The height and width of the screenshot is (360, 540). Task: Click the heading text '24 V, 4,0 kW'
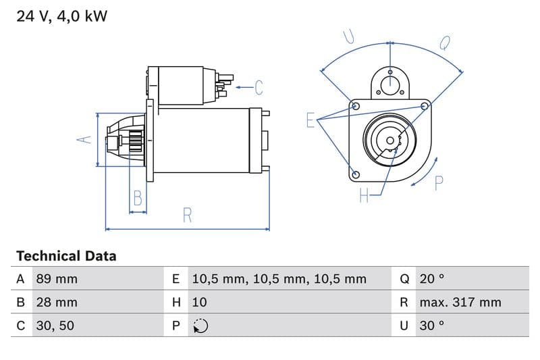pos(61,16)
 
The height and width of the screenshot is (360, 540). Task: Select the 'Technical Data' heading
pos(66,256)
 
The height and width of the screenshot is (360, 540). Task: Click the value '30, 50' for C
pos(54,326)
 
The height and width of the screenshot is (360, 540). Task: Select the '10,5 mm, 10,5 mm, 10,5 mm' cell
pos(279,279)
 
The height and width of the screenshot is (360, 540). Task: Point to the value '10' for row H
pos(200,302)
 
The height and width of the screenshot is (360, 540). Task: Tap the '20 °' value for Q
pos(432,279)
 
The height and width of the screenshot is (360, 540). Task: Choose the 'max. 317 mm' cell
pos(460,302)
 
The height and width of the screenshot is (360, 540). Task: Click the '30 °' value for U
pos(432,326)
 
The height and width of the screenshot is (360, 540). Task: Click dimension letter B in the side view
pos(138,198)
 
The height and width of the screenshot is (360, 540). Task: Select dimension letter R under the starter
pos(188,215)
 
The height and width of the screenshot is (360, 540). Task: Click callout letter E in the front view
pos(310,120)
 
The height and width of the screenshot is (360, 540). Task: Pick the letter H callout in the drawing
pos(364,196)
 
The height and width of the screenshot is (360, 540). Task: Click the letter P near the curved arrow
pos(439,183)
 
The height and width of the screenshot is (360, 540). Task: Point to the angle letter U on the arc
pos(349,36)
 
